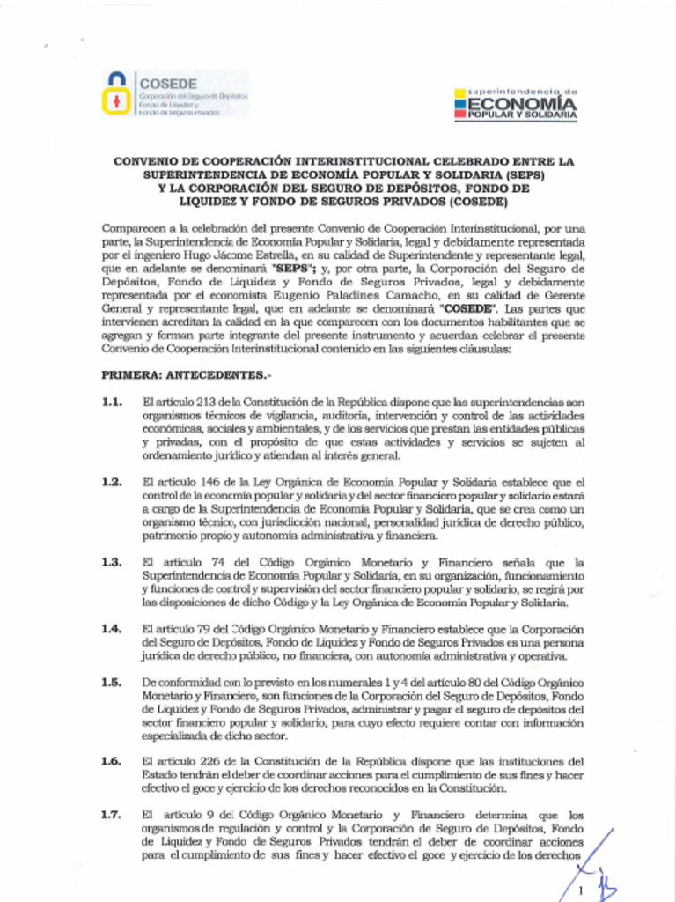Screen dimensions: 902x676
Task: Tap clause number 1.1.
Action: click(x=111, y=402)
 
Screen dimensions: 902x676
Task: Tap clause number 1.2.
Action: click(x=111, y=482)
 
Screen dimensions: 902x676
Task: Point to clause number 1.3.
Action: click(x=111, y=562)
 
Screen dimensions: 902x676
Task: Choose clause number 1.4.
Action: click(x=111, y=629)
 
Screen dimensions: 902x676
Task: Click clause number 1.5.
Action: click(x=111, y=683)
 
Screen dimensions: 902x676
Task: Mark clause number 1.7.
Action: click(x=111, y=815)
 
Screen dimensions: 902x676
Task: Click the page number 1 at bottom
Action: click(x=581, y=891)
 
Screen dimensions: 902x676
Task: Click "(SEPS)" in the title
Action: click(x=520, y=174)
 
